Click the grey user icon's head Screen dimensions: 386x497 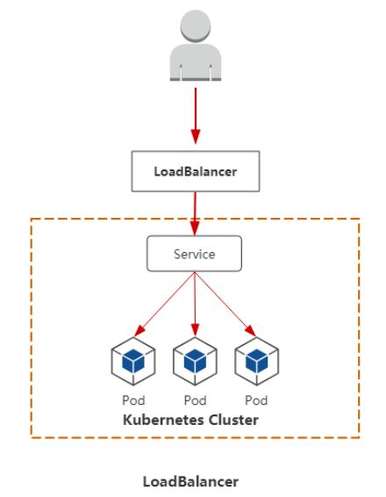pyautogui.click(x=196, y=25)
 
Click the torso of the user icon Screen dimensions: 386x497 pyautogui.click(x=196, y=61)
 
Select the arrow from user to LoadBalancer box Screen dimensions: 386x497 pyautogui.click(x=196, y=116)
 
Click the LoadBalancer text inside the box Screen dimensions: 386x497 pyautogui.click(x=196, y=171)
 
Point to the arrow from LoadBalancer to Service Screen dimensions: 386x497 pyautogui.click(x=195, y=213)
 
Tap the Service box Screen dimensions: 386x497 pyautogui.click(x=195, y=254)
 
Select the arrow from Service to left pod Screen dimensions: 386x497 pyautogui.click(x=165, y=304)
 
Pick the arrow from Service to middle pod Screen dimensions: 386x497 pyautogui.click(x=195, y=304)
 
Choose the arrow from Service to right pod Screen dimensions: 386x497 pyautogui.click(x=225, y=304)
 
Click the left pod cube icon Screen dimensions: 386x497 pyautogui.click(x=133, y=361)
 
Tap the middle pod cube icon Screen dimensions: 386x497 pyautogui.click(x=195, y=361)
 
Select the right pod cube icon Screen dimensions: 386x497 pyautogui.click(x=257, y=361)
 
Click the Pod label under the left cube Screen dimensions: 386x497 pyautogui.click(x=133, y=400)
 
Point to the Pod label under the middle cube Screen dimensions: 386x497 pyautogui.click(x=195, y=400)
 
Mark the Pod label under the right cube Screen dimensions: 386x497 pyautogui.click(x=256, y=400)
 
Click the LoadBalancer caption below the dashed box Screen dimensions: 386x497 pyautogui.click(x=190, y=481)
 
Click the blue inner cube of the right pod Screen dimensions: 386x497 pyautogui.click(x=257, y=361)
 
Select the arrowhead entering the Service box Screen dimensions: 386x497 pyautogui.click(x=195, y=228)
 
